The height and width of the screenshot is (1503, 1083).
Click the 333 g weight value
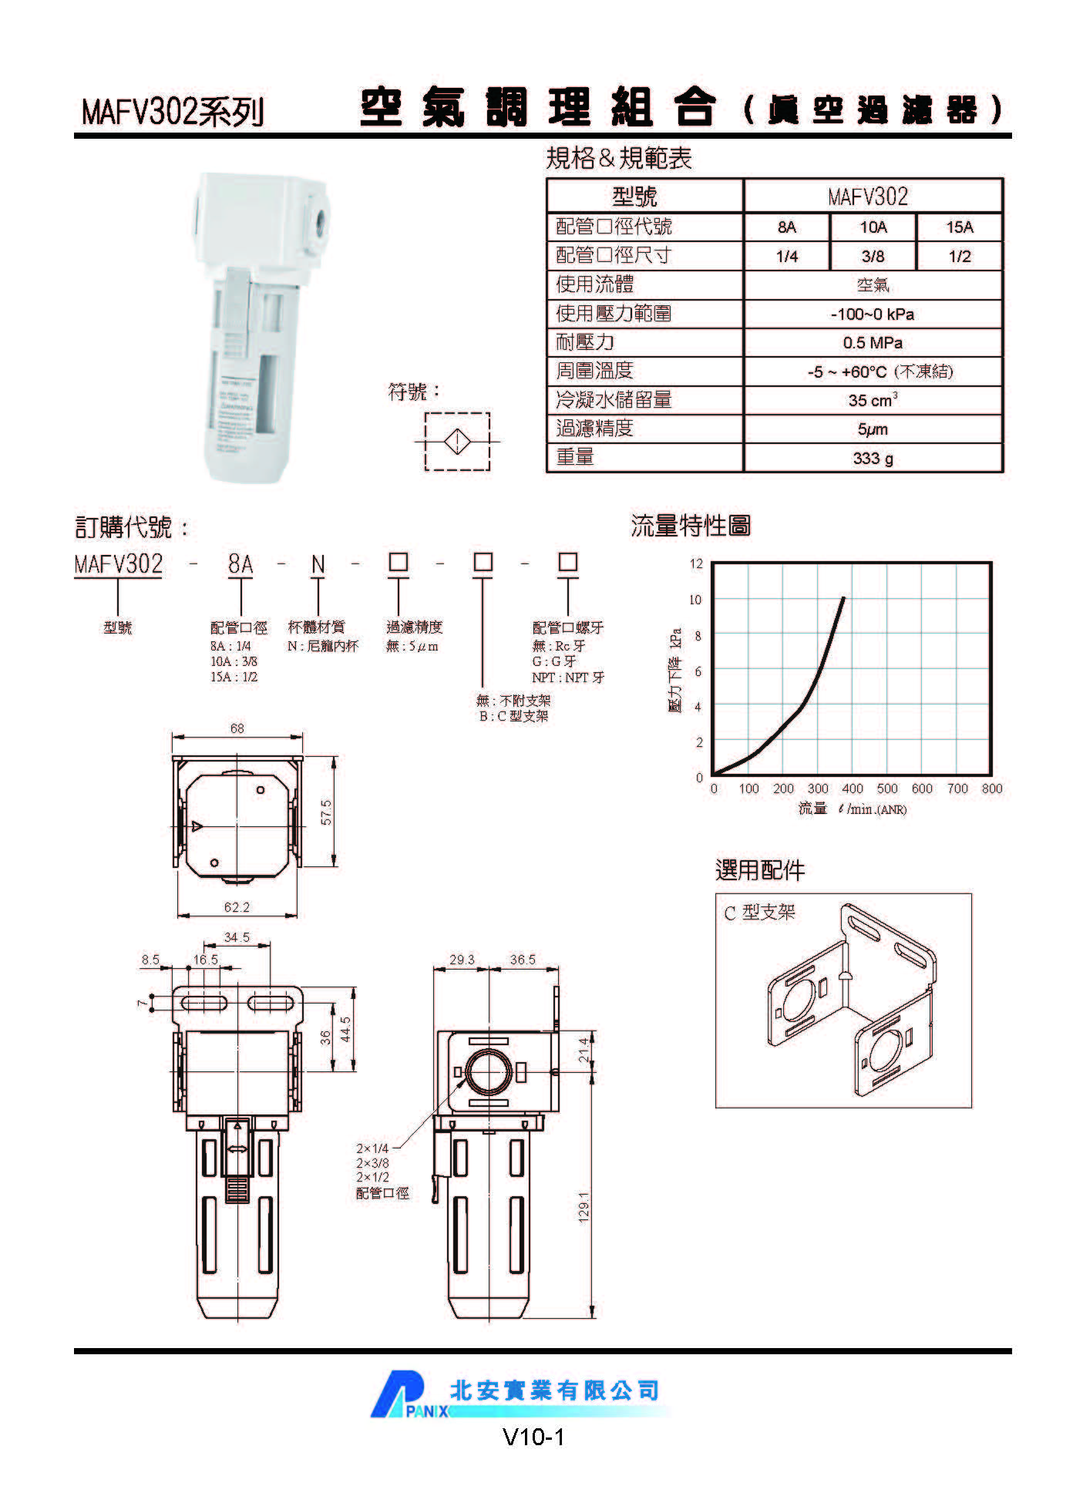(x=873, y=459)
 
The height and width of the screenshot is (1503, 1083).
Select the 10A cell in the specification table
(x=873, y=227)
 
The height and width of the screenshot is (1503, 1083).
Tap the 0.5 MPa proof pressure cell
(x=873, y=343)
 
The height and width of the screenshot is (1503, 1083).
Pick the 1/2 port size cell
(x=960, y=257)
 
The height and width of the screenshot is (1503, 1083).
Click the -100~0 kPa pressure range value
(x=873, y=314)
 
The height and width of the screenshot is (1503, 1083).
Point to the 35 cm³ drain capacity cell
(x=873, y=401)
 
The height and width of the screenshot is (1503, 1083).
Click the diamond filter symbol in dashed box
(x=457, y=442)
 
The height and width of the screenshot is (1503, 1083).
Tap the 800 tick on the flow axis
(x=992, y=788)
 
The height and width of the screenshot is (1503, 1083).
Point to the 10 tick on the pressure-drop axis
(x=696, y=600)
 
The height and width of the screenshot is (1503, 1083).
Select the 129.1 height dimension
(x=584, y=1206)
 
